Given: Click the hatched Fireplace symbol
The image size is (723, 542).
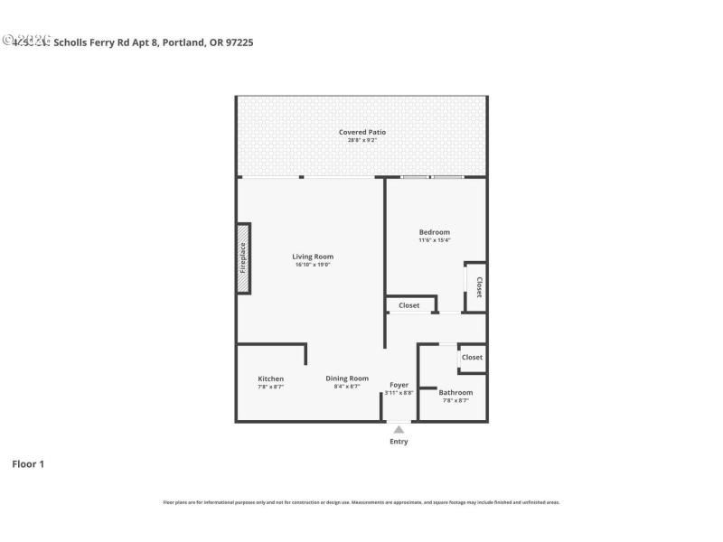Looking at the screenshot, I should click(243, 257).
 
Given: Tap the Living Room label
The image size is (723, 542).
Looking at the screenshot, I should click(313, 257).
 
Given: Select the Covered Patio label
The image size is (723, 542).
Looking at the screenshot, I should click(361, 132).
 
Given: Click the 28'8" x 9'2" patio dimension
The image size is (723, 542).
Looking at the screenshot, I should click(361, 140).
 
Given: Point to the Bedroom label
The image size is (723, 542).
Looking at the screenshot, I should click(434, 232).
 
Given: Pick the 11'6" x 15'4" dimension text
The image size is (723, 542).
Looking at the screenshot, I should click(434, 240).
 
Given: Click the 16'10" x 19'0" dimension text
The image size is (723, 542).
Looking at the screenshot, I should click(313, 265).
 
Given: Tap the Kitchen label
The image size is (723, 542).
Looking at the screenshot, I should click(270, 378).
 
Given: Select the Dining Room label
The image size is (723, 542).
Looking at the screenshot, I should click(347, 378).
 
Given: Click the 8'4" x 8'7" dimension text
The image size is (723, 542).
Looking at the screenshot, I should click(347, 387).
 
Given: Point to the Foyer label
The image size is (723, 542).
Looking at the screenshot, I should click(399, 385).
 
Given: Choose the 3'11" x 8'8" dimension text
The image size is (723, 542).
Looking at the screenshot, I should click(399, 393).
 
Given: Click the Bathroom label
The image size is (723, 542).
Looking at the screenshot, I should click(455, 392).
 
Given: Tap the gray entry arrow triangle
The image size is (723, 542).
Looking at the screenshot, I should click(399, 429).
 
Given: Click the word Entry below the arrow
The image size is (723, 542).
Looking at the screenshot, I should click(399, 442).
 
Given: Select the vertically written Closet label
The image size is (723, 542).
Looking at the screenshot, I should click(478, 287).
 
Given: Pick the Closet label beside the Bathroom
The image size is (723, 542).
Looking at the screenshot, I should click(472, 357).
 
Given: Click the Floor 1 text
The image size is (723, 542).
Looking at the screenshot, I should click(28, 464).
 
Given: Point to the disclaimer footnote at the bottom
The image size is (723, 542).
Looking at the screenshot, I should click(361, 502).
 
